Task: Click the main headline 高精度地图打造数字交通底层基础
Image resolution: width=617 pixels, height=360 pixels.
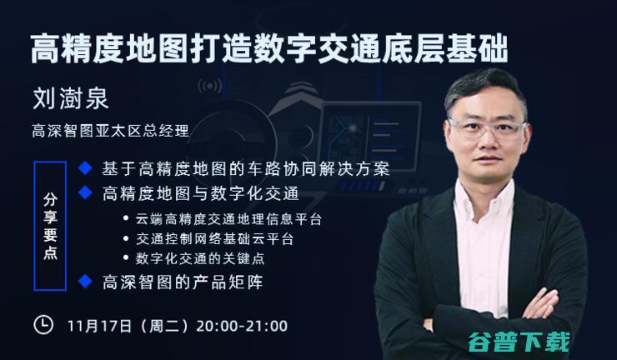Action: pos(269,49)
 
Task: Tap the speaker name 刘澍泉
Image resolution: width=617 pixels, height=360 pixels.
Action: pos(70,98)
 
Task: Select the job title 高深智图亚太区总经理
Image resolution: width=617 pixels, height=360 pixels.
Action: pos(111,131)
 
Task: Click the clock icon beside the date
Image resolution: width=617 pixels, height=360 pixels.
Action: pos(43,325)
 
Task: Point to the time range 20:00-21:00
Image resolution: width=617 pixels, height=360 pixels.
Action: pos(242,326)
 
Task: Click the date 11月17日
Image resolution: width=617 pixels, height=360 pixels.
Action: pos(99,326)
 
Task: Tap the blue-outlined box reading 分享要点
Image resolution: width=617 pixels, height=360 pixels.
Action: pos(50,226)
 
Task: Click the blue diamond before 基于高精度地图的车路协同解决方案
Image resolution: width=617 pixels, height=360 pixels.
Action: pos(85,168)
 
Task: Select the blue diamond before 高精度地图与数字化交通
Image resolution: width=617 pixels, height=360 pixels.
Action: pos(85,192)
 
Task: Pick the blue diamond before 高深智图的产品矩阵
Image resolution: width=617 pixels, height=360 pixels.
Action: pos(85,282)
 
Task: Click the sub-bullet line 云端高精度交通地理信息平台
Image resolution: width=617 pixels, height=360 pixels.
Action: pos(228,219)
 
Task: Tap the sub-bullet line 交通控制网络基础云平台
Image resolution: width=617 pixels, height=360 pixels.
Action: pos(215,239)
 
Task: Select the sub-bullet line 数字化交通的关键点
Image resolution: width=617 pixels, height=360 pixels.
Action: pos(200,258)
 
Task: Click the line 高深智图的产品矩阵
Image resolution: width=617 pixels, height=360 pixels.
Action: pos(183,282)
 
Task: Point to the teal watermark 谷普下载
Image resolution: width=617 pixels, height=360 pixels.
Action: pos(519,342)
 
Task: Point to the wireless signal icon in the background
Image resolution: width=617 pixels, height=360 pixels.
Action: pos(210,86)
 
